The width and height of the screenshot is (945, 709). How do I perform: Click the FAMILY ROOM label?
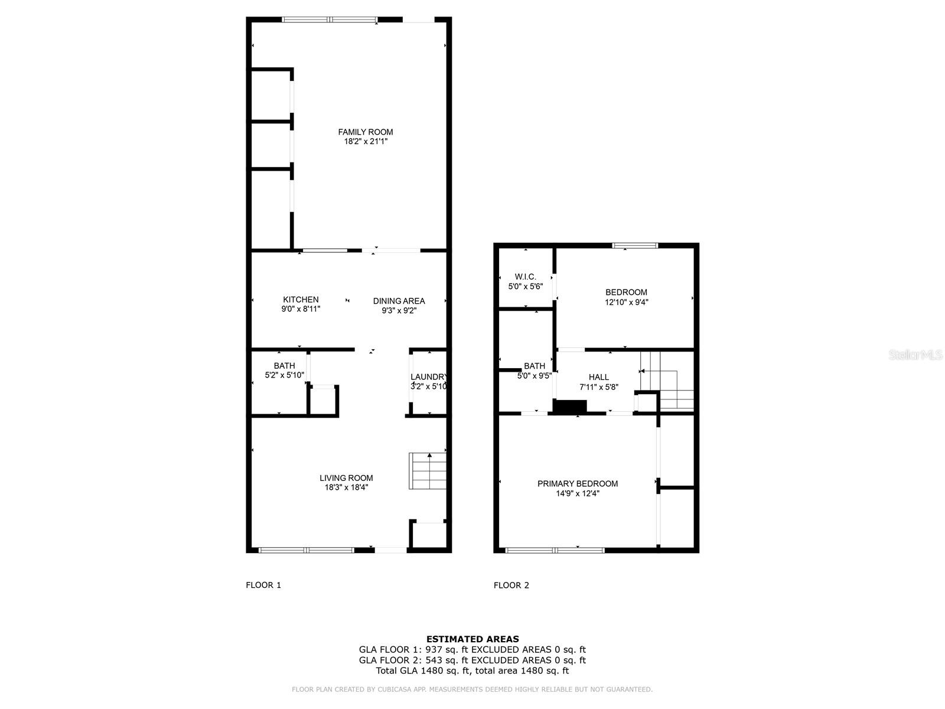coord(365,132)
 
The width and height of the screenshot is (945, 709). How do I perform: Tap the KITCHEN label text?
coord(301,300)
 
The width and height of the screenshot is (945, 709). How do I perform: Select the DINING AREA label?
coord(399,301)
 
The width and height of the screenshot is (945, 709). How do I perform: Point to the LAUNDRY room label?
coord(429,377)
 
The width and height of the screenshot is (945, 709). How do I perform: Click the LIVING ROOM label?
coord(346,478)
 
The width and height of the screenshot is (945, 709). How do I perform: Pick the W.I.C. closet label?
coord(525,277)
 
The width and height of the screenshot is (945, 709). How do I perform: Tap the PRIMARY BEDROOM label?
coord(578,483)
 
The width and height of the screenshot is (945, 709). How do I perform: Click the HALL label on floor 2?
coord(598,377)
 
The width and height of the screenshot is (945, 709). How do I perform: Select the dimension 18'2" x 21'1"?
coord(366,142)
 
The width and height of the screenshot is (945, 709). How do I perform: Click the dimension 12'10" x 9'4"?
coord(626,302)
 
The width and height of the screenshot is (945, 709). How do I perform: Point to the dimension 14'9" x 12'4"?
coord(578,493)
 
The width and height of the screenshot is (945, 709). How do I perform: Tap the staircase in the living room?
coord(428,471)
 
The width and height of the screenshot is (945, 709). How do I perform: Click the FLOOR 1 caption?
coord(263,585)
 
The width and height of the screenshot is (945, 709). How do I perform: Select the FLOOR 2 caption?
coord(511,585)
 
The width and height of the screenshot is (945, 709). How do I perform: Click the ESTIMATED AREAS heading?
coord(472,639)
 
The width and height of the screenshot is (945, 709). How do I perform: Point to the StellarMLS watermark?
coord(915,355)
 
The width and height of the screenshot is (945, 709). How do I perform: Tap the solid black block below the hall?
coord(570,407)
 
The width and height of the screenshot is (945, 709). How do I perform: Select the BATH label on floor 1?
coord(284,366)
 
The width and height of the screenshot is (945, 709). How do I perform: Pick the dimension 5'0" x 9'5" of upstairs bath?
coord(535,375)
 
